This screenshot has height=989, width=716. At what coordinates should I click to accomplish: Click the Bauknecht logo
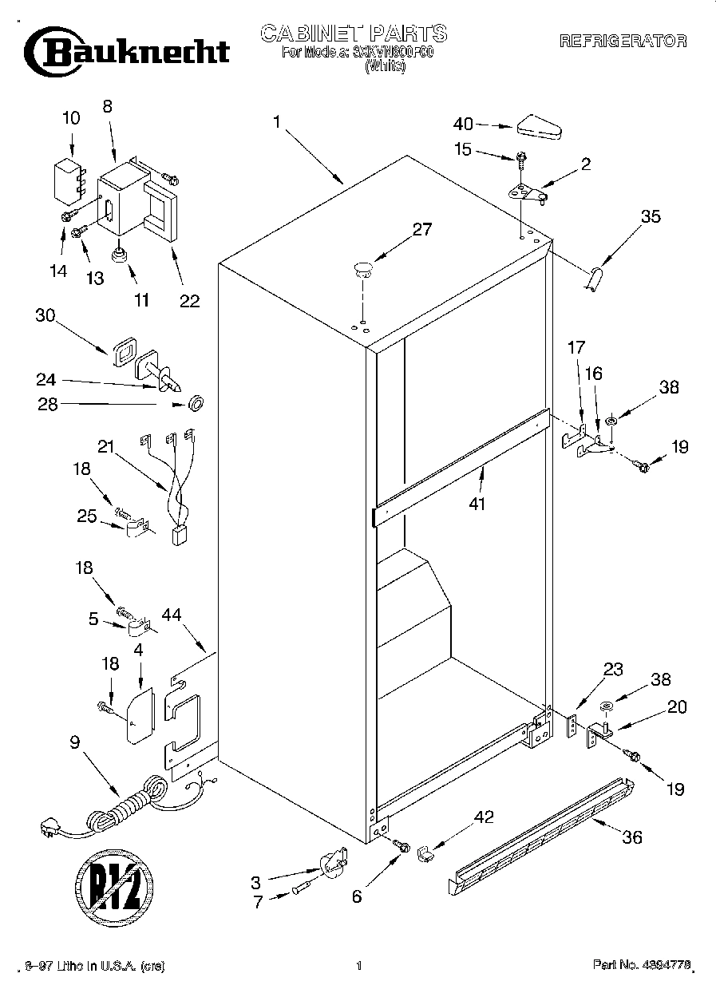point(127,52)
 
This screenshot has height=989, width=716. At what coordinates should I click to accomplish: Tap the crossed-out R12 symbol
point(114,884)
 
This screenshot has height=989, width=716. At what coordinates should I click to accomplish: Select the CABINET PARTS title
point(354,34)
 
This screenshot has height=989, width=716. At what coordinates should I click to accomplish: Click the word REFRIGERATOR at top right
point(623,42)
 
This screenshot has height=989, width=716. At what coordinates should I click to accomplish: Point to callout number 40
point(463,124)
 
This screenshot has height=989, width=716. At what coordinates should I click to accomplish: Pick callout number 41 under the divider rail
point(478,504)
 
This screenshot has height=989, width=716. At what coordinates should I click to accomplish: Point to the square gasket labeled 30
point(122,350)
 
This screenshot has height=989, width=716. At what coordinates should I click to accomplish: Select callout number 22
point(189,301)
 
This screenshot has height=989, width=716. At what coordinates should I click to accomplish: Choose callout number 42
point(484,817)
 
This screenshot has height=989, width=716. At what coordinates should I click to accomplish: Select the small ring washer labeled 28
point(194,405)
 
